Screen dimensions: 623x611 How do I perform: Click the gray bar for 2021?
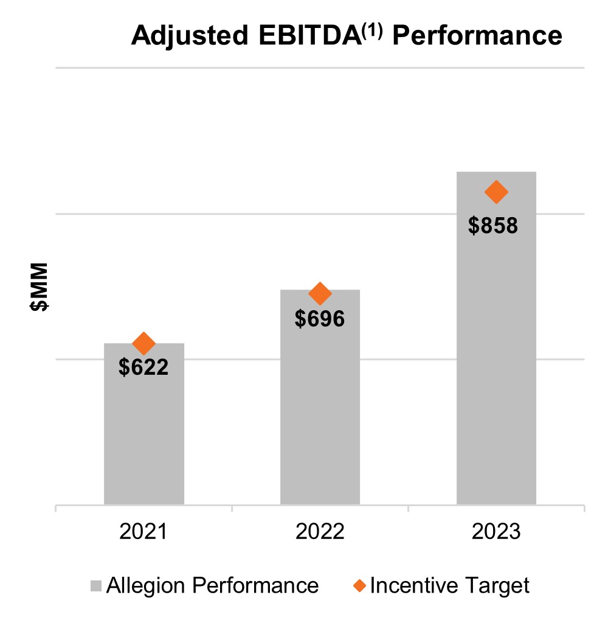tap(144, 438)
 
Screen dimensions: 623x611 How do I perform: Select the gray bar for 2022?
tap(320, 414)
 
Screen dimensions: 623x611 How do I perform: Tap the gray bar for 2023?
tap(496, 365)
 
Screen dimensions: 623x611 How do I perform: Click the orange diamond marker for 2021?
tap(144, 344)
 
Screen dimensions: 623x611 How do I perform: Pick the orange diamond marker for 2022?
tap(320, 294)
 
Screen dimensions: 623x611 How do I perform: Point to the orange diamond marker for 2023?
tap(496, 192)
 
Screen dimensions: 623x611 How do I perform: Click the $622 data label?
tap(143, 367)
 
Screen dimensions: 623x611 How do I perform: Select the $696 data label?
tap(320, 318)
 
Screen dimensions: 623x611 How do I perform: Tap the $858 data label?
tap(493, 225)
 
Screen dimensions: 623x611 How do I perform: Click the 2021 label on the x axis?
tap(144, 532)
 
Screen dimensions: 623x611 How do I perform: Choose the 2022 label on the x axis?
tap(320, 532)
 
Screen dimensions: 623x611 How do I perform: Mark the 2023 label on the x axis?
tap(496, 532)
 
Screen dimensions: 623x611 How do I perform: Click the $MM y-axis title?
tap(40, 288)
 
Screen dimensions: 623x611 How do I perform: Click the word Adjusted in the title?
tap(186, 37)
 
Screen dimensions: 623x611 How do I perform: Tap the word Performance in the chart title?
tap(477, 37)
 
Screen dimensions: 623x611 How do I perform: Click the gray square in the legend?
tap(96, 586)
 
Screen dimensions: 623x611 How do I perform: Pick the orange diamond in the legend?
tap(360, 586)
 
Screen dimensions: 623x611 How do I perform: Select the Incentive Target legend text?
tap(450, 585)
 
